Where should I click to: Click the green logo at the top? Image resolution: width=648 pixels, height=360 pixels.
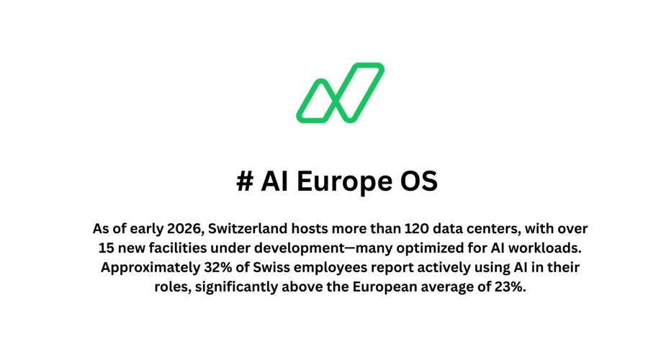point(340,92)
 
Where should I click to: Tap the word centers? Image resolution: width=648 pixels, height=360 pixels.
point(492,229)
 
